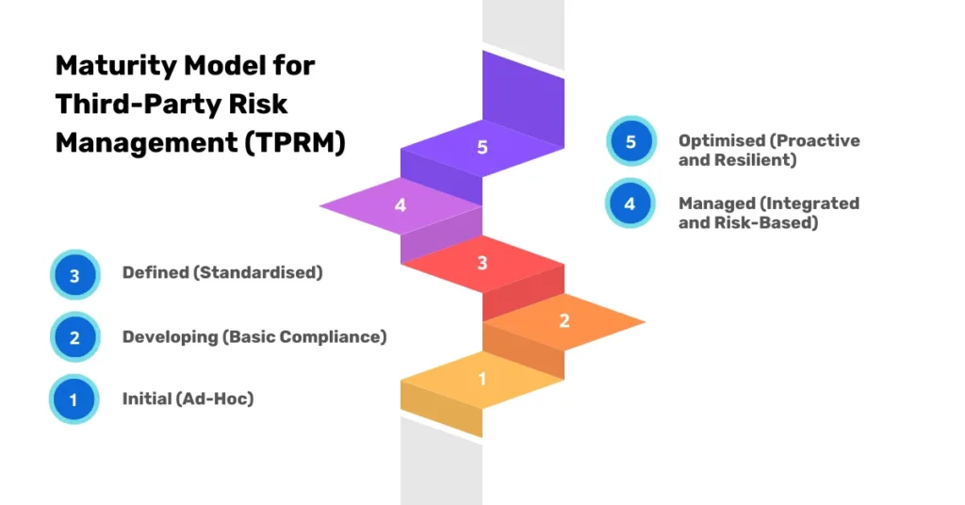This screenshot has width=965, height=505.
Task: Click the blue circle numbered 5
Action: point(631,142)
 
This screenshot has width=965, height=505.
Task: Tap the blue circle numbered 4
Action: point(630,204)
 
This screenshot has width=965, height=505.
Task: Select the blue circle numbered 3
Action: point(74,276)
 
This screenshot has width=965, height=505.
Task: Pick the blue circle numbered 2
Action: point(74,338)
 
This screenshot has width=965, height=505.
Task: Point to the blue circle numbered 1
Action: point(74,399)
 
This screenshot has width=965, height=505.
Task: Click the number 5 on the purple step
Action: point(482,148)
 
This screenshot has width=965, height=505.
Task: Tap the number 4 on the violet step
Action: point(401,204)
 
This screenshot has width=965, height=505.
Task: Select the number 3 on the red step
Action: point(482,263)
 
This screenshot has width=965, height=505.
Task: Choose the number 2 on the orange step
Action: point(564,321)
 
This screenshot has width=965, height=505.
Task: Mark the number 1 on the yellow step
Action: point(482,379)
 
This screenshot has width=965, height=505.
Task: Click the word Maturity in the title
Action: point(108,66)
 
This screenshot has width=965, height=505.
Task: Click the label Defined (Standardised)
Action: point(222,273)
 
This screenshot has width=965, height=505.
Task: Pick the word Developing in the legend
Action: point(169,336)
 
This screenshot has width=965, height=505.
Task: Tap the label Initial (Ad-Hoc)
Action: point(188,399)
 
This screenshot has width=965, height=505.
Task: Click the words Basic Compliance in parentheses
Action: point(304,336)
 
